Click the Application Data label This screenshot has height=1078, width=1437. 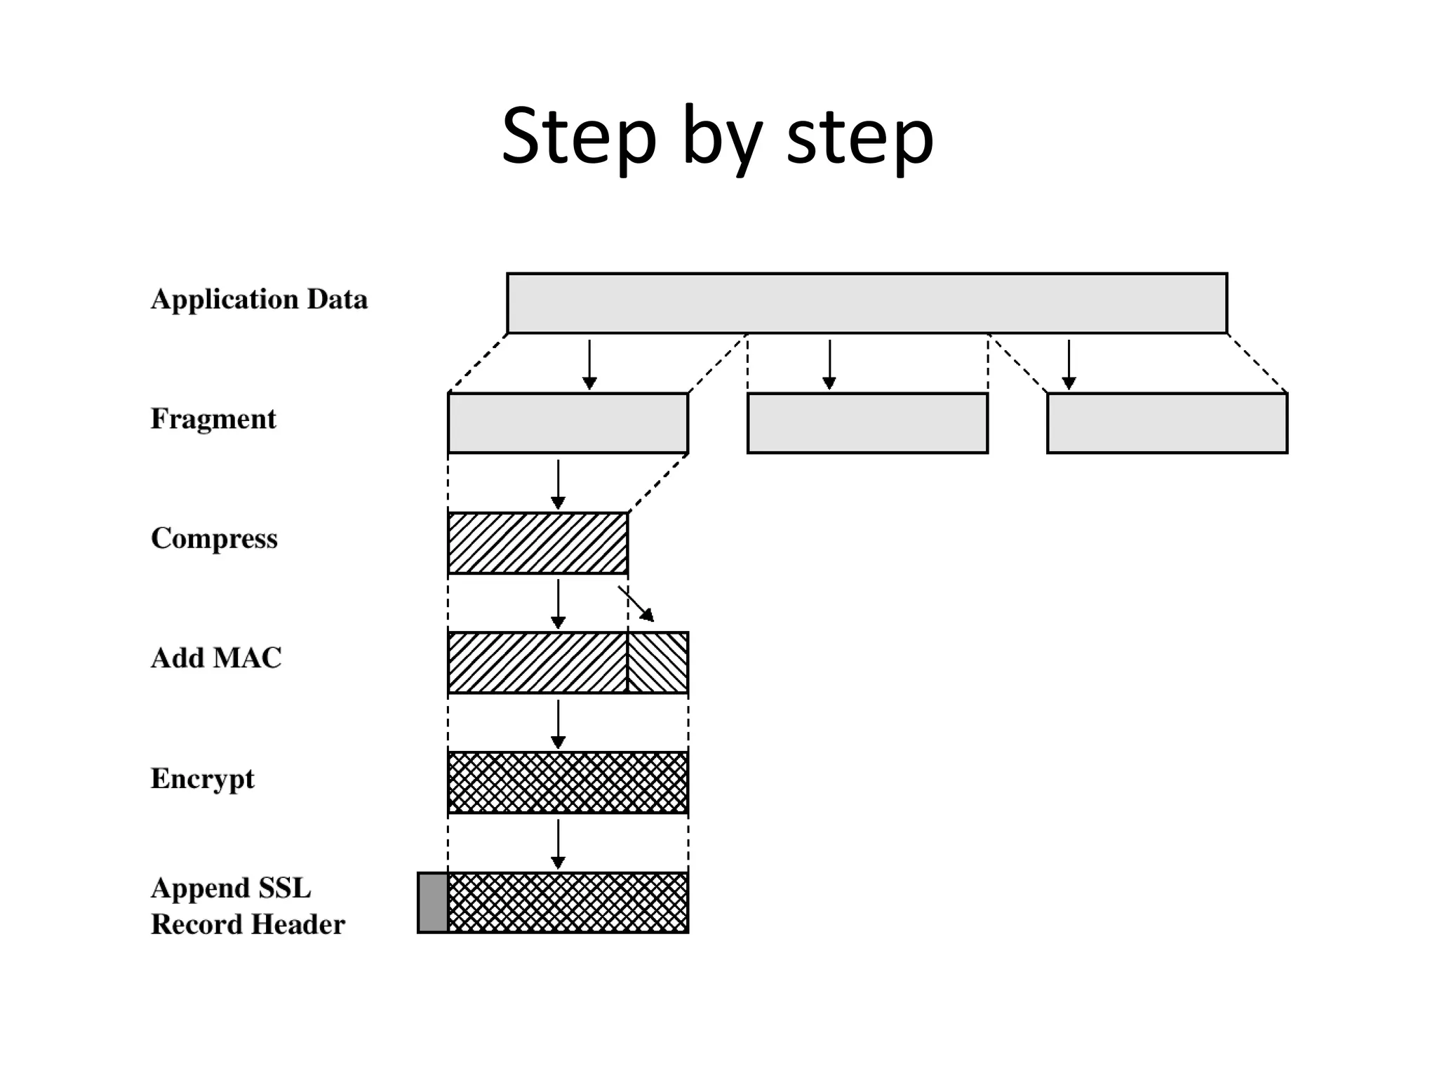click(259, 300)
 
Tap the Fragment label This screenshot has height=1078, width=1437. click(213, 419)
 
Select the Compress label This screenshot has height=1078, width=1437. click(214, 538)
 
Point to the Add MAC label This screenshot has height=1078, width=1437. click(216, 658)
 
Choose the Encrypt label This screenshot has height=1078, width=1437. click(202, 778)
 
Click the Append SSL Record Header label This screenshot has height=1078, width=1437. click(247, 906)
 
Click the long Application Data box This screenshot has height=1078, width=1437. click(867, 303)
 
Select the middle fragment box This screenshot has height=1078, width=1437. click(867, 423)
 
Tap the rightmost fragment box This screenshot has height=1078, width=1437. click(1167, 423)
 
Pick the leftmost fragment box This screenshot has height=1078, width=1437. click(568, 423)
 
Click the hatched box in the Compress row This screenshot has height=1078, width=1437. click(537, 543)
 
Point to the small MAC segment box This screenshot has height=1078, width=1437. click(657, 663)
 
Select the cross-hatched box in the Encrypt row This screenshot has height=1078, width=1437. click(568, 783)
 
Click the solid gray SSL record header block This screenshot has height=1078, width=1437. click(432, 903)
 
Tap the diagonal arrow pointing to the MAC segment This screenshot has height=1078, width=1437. click(636, 604)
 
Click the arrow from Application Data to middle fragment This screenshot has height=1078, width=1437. click(829, 364)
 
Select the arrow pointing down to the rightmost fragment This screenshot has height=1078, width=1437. click(1069, 364)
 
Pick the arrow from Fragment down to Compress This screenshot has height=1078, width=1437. click(558, 484)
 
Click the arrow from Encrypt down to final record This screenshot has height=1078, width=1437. click(558, 844)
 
